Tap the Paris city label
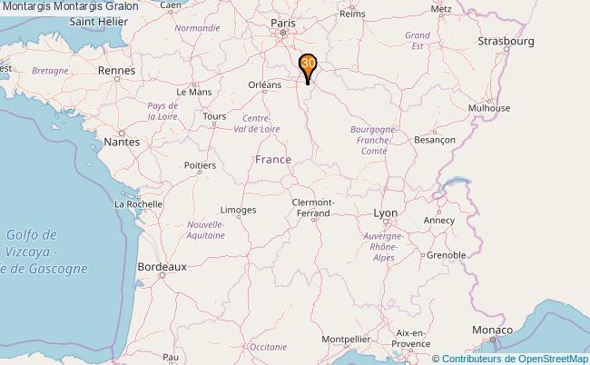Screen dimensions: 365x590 [x=283, y=24]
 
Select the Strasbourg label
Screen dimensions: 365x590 [x=506, y=42]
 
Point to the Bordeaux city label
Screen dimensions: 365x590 [x=162, y=267]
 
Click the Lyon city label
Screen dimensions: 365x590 [x=386, y=212]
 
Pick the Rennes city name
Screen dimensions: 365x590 [x=116, y=70]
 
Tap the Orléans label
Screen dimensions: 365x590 [x=266, y=84]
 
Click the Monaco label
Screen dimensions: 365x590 [x=492, y=330]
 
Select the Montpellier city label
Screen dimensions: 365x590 [x=345, y=339]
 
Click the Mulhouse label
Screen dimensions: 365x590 [x=488, y=107]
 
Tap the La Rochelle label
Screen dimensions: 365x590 [x=138, y=204]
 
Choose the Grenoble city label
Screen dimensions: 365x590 [x=446, y=255]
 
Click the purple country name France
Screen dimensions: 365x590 [x=273, y=160]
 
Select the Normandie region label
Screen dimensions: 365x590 [x=197, y=28]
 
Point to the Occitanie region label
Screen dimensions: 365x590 [x=268, y=347]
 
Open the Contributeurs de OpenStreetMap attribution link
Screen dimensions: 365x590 [x=515, y=359]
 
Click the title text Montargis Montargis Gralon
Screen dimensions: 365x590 [x=70, y=6]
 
